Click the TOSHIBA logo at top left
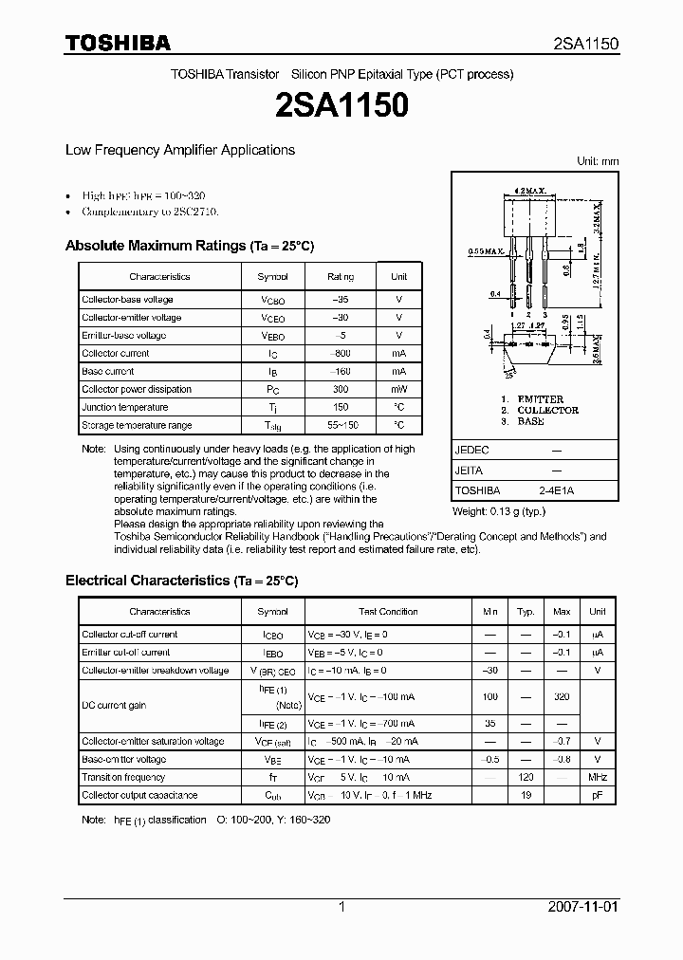click(118, 43)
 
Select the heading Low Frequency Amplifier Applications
click(179, 150)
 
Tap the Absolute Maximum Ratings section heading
click(189, 246)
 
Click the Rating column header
click(341, 277)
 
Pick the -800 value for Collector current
click(341, 354)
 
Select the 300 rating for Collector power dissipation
click(341, 390)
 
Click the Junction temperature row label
click(125, 408)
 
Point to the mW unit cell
click(398, 390)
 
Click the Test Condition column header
click(388, 612)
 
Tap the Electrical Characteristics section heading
click(181, 580)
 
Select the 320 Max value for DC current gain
click(562, 696)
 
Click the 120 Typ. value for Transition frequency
click(526, 778)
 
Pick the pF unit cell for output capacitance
click(598, 796)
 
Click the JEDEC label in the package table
click(471, 450)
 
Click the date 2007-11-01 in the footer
click(581, 907)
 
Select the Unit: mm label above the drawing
click(598, 161)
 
